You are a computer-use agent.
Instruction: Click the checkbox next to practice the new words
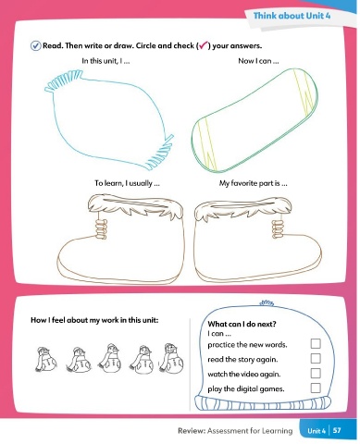pyautogui.click(x=316, y=343)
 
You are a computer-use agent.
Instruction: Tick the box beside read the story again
pyautogui.click(x=316, y=358)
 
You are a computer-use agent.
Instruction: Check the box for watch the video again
pyautogui.click(x=316, y=373)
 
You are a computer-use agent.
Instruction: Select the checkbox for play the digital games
pyautogui.click(x=316, y=388)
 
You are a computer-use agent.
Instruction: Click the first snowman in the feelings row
pyautogui.click(x=45, y=359)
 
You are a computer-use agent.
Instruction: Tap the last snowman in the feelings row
pyautogui.click(x=171, y=358)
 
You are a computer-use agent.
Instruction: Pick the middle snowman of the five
pyautogui.click(x=110, y=358)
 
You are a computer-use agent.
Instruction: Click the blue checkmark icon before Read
pyautogui.click(x=35, y=46)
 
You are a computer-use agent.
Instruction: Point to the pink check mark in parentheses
pyautogui.click(x=204, y=45)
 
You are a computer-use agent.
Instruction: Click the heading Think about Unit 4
pyautogui.click(x=292, y=16)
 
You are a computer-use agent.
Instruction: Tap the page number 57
pyautogui.click(x=337, y=430)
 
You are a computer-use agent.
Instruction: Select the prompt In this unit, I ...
pyautogui.click(x=106, y=61)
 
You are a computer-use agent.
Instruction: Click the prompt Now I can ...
pyautogui.click(x=258, y=61)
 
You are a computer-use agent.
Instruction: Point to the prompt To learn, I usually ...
pyautogui.click(x=127, y=183)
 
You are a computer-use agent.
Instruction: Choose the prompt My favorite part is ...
pyautogui.click(x=254, y=183)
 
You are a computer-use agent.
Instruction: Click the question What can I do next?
pyautogui.click(x=242, y=324)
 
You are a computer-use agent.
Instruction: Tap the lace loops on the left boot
pyautogui.click(x=101, y=228)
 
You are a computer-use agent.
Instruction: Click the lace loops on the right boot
pyautogui.click(x=278, y=228)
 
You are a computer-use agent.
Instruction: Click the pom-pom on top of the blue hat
pyautogui.click(x=267, y=302)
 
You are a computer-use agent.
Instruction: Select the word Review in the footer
pyautogui.click(x=192, y=430)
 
